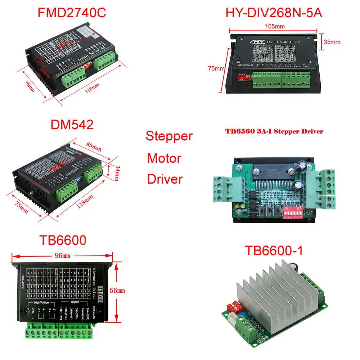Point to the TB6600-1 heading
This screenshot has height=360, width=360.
click(274, 251)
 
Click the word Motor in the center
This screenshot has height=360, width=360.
click(164, 158)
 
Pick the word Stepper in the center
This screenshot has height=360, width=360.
click(169, 136)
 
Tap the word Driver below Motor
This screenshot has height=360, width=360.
click(165, 179)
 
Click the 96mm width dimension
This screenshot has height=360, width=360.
click(62, 256)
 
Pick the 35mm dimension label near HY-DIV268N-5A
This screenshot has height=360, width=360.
click(332, 42)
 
